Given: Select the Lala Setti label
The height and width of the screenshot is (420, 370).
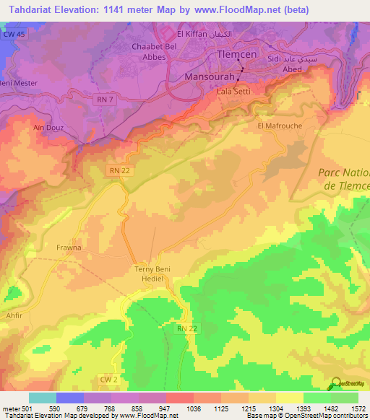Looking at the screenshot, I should point(232,92).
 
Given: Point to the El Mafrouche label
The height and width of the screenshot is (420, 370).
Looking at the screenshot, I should point(279,126).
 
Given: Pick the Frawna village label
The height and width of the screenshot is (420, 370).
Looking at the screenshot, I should point(69,248).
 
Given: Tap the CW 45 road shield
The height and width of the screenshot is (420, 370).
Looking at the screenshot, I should point(13,34).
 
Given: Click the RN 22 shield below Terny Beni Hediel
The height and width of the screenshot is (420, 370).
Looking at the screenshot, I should point(186,328).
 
